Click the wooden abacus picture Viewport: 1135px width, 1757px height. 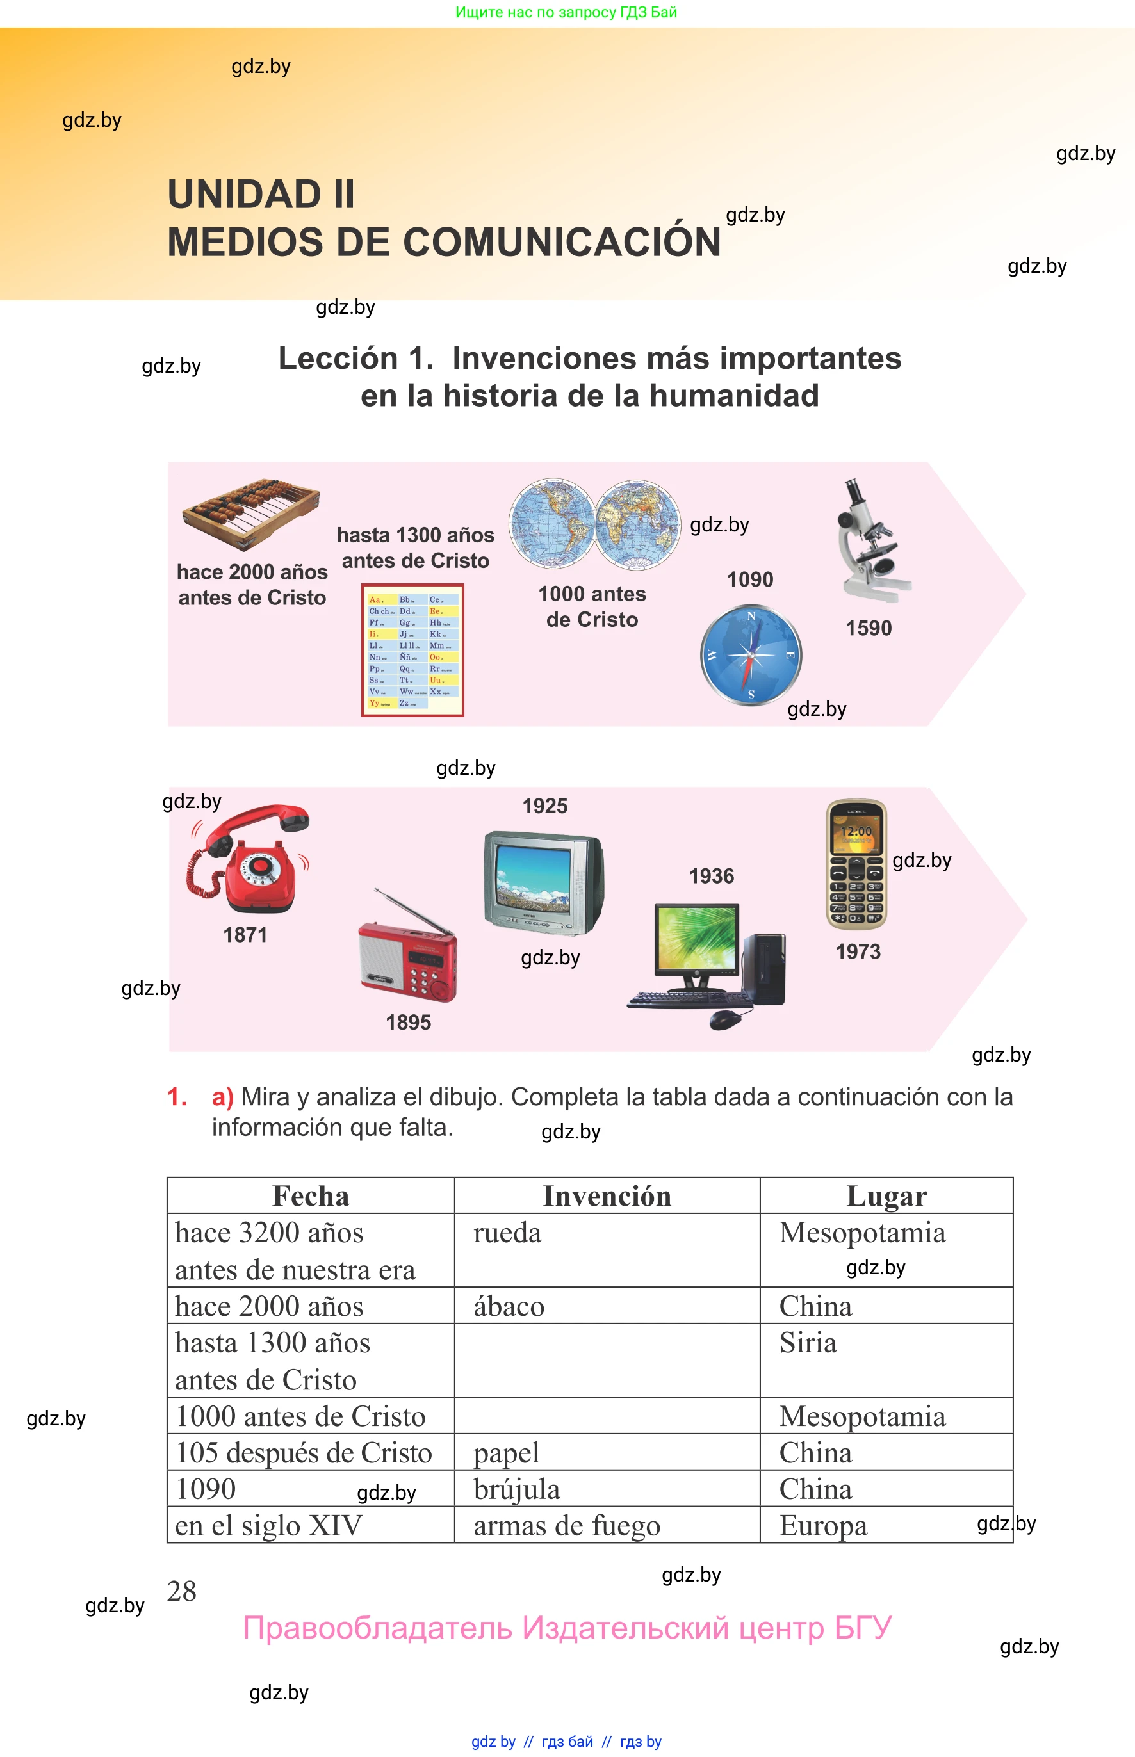point(251,514)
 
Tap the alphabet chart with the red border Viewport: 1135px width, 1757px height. point(412,650)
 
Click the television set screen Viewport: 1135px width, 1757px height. point(533,877)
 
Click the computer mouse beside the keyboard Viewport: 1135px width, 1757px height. point(725,1019)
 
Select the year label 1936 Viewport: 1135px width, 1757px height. point(711,876)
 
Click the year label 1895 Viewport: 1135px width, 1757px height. point(408,1022)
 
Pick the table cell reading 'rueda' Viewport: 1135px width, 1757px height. point(507,1233)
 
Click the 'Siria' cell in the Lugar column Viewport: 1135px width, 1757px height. point(808,1343)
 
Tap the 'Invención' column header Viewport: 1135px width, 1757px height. point(607,1196)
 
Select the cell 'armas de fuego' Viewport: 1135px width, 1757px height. point(566,1526)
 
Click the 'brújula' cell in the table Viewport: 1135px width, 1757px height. point(517,1489)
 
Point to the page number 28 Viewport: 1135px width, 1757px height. point(182,1591)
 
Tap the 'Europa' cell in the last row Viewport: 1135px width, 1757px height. point(823,1526)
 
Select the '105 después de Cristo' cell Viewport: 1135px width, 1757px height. point(304,1453)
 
